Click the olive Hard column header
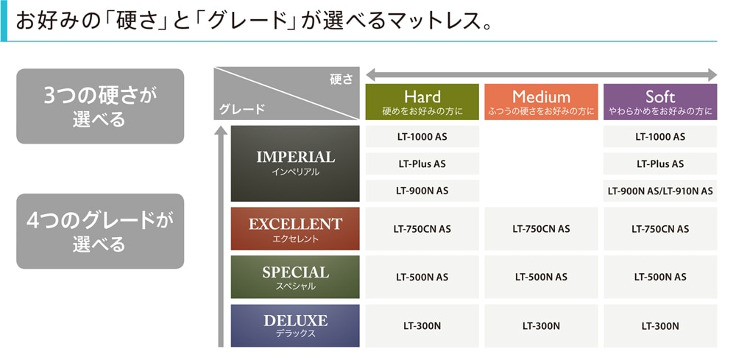pos(422,102)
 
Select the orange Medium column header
pos(541,102)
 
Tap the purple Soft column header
pos(660,102)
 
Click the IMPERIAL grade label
pos(295,163)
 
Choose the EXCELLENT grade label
pos(295,228)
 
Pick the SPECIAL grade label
pos(295,277)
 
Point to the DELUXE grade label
pos(295,325)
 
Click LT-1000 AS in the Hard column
pos(422,137)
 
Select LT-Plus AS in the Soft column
pos(660,164)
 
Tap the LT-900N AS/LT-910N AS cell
pos(660,191)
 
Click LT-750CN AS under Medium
pos(541,228)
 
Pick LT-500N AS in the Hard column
pos(422,277)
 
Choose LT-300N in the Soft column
pos(660,325)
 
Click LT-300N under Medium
pos(541,325)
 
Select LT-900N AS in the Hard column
pos(422,191)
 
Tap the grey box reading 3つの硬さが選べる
pos(100,106)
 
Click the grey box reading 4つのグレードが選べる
pos(100,231)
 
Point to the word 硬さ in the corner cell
pos(342,80)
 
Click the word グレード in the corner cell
pos(242,110)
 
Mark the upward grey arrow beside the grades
pos(221,236)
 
